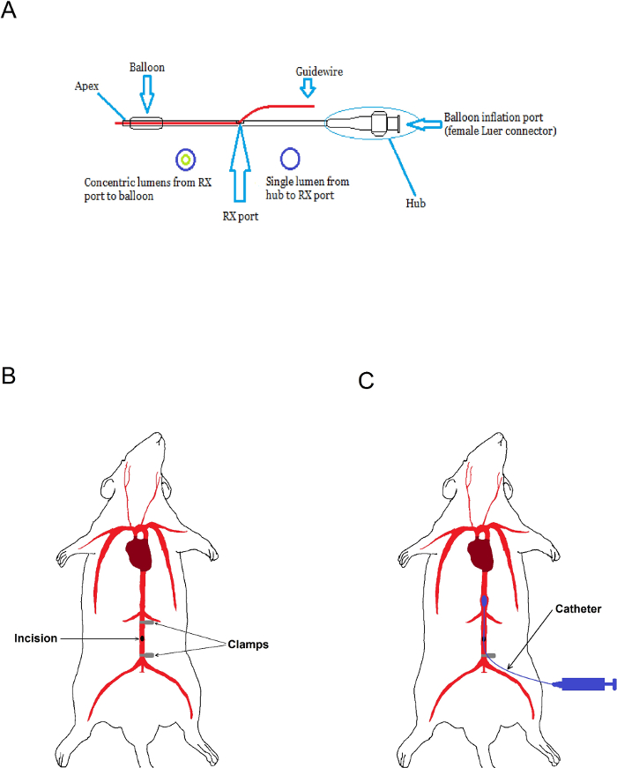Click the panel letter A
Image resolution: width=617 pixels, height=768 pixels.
[8, 10]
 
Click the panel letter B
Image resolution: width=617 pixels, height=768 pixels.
[8, 376]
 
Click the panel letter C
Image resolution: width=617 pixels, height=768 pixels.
[366, 381]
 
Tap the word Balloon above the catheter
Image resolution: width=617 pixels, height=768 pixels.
[147, 67]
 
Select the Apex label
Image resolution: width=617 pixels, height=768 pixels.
[86, 86]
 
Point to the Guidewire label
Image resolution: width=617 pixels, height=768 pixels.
[319, 71]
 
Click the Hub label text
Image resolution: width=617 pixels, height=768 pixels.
[415, 204]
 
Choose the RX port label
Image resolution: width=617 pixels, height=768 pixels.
[241, 216]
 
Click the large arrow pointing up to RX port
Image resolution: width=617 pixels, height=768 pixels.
[240, 163]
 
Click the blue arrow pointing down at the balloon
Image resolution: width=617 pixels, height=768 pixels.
[147, 94]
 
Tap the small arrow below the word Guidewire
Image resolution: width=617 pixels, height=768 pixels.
[308, 88]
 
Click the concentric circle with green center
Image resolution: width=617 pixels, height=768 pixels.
[186, 160]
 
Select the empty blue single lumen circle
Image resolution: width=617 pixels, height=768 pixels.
[290, 158]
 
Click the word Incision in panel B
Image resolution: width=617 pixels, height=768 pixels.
[36, 638]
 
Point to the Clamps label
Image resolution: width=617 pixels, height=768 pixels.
[249, 645]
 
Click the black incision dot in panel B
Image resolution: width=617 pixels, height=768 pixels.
[142, 638]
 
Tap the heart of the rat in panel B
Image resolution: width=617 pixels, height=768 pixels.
[139, 554]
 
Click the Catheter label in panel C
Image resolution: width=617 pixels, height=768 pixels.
[578, 608]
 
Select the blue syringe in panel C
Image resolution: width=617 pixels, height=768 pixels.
[584, 683]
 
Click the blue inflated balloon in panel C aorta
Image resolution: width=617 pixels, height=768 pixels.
[484, 601]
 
